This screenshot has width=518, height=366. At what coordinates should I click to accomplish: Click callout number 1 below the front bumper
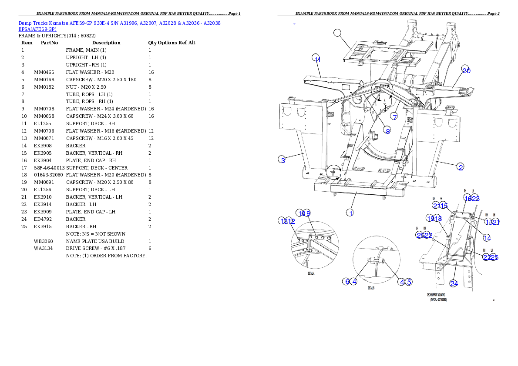350,213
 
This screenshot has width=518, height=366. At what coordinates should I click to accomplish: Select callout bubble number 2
461,166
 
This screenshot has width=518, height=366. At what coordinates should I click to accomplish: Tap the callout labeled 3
283,160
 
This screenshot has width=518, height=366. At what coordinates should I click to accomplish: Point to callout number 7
394,116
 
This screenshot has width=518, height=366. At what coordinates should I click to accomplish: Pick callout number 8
387,130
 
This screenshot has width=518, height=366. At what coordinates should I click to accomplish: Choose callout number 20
466,70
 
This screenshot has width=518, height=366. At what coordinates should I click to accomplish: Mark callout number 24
454,283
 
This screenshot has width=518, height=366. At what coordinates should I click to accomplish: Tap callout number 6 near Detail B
346,281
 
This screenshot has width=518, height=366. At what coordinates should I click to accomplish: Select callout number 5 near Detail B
409,281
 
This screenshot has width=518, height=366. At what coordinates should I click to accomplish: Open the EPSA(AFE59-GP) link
37,29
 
